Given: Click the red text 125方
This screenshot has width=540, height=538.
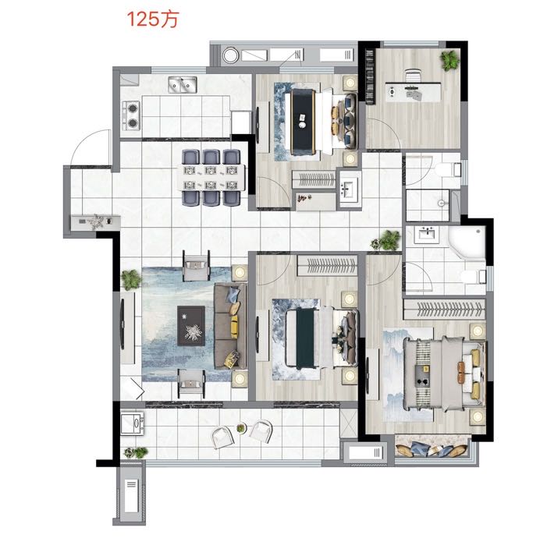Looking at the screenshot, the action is click(x=153, y=19).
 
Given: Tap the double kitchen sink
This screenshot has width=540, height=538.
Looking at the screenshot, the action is click(x=183, y=85).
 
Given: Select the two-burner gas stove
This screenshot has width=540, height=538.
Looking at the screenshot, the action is click(x=132, y=115).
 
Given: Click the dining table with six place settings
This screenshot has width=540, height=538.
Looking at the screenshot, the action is click(x=211, y=178).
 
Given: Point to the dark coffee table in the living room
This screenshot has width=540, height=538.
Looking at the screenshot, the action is click(x=191, y=326).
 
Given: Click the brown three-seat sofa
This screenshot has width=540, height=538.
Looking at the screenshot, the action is click(x=230, y=326).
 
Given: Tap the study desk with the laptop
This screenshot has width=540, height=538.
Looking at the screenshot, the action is click(x=413, y=92).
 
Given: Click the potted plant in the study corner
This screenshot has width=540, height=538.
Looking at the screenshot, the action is click(x=449, y=60).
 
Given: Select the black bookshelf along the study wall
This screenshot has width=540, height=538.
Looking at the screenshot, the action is click(x=370, y=76).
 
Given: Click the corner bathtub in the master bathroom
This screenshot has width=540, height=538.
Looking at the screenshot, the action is click(x=467, y=242).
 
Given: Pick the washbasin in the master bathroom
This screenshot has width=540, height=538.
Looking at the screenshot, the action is click(x=427, y=235).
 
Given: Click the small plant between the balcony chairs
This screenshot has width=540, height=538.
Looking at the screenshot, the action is click(x=241, y=428).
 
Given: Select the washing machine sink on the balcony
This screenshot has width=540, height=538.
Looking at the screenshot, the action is click(x=133, y=423).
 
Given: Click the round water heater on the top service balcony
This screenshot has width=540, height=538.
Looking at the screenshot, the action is click(x=230, y=55).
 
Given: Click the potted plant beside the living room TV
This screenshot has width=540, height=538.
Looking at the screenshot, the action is click(x=131, y=279).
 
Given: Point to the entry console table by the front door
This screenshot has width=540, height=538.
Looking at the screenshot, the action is click(x=95, y=222).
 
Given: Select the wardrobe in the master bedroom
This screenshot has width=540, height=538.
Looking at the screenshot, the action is click(x=444, y=309).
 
